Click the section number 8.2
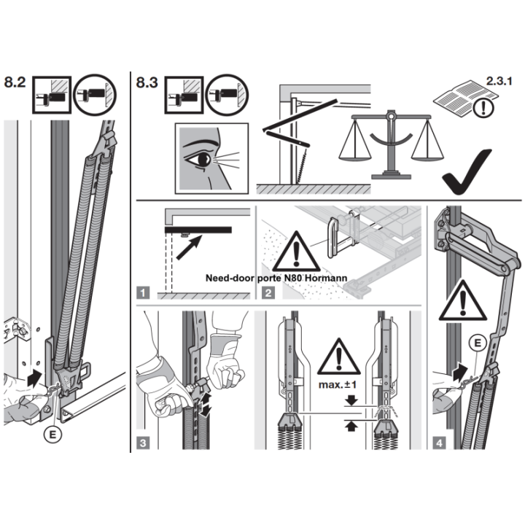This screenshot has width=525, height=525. point(15,82)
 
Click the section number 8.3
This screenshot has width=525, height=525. point(147,82)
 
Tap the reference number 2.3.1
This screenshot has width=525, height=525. point(499,81)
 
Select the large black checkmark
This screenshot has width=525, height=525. point(467,171)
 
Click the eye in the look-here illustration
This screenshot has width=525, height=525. point(201,160)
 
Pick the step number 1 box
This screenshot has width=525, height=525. point(143,293)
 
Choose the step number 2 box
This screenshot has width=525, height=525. point(268,293)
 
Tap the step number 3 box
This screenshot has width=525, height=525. point(143,443)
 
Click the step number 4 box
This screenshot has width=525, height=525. point(439,443)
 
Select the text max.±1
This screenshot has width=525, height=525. point(338,385)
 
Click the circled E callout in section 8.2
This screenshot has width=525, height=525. point(52,435)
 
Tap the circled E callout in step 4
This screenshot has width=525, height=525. point(478,343)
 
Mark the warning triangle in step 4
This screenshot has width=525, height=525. point(463,301)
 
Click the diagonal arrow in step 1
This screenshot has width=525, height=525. point(189,247)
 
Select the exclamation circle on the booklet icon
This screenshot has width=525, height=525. point(483,108)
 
